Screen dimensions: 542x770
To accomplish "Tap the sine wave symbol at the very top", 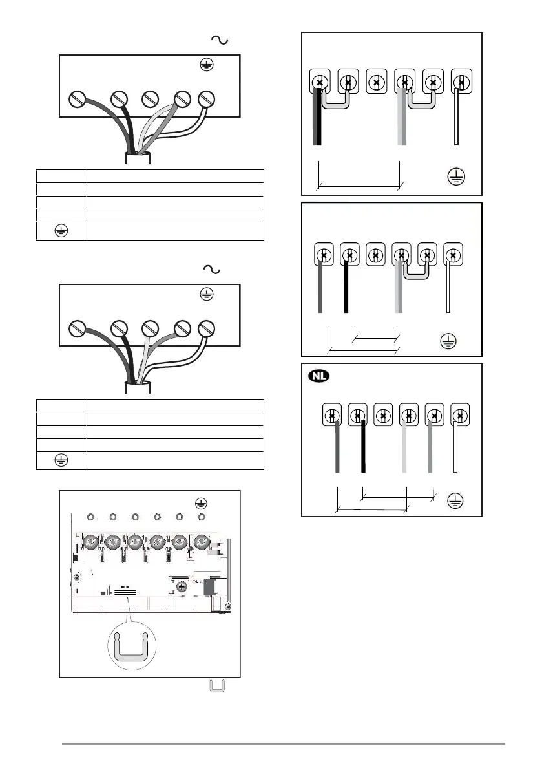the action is pyautogui.click(x=219, y=41).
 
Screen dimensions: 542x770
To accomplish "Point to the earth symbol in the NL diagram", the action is pyautogui.click(x=456, y=500).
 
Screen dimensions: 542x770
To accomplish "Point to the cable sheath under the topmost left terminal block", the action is pyautogui.click(x=138, y=158).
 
